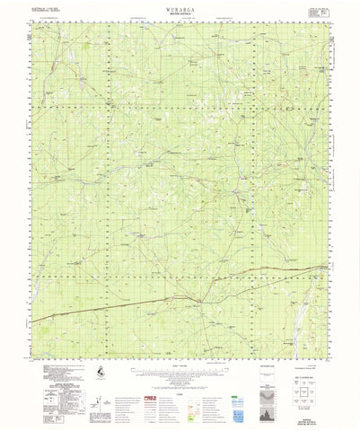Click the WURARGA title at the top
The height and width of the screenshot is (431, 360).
pyautogui.click(x=180, y=5)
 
